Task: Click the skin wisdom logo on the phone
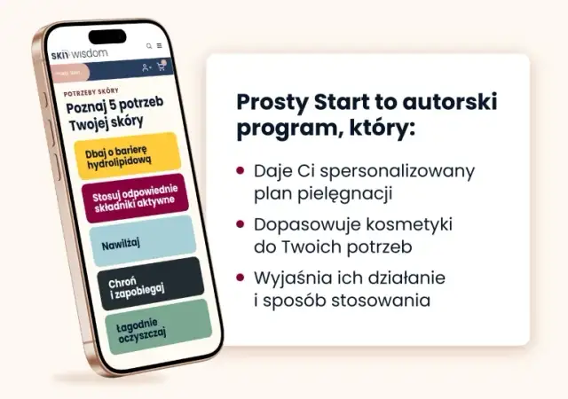pyautogui.click(x=81, y=52)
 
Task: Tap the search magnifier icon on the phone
pyautogui.click(x=149, y=45)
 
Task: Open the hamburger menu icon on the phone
pyautogui.click(x=159, y=45)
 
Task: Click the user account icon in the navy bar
pyautogui.click(x=146, y=67)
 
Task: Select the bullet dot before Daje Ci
pyautogui.click(x=241, y=171)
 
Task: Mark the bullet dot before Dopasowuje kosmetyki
pyautogui.click(x=241, y=225)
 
